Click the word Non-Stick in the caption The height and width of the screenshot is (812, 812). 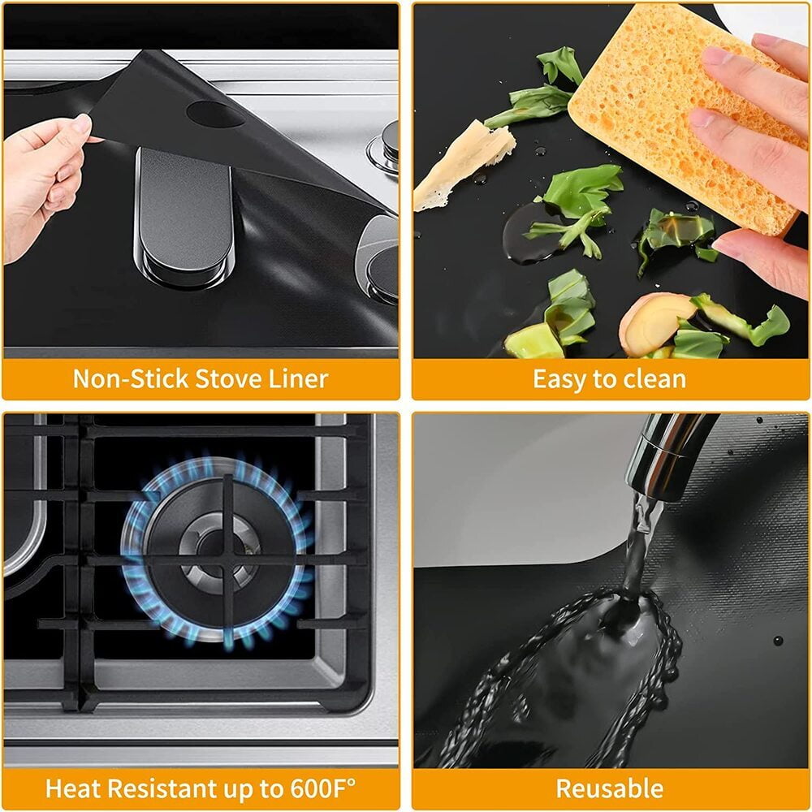(x=130, y=379)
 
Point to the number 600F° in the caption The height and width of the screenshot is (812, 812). (x=322, y=788)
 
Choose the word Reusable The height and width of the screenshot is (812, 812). (x=610, y=788)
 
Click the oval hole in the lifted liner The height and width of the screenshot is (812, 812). (x=214, y=114)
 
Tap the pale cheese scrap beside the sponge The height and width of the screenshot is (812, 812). (x=463, y=165)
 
